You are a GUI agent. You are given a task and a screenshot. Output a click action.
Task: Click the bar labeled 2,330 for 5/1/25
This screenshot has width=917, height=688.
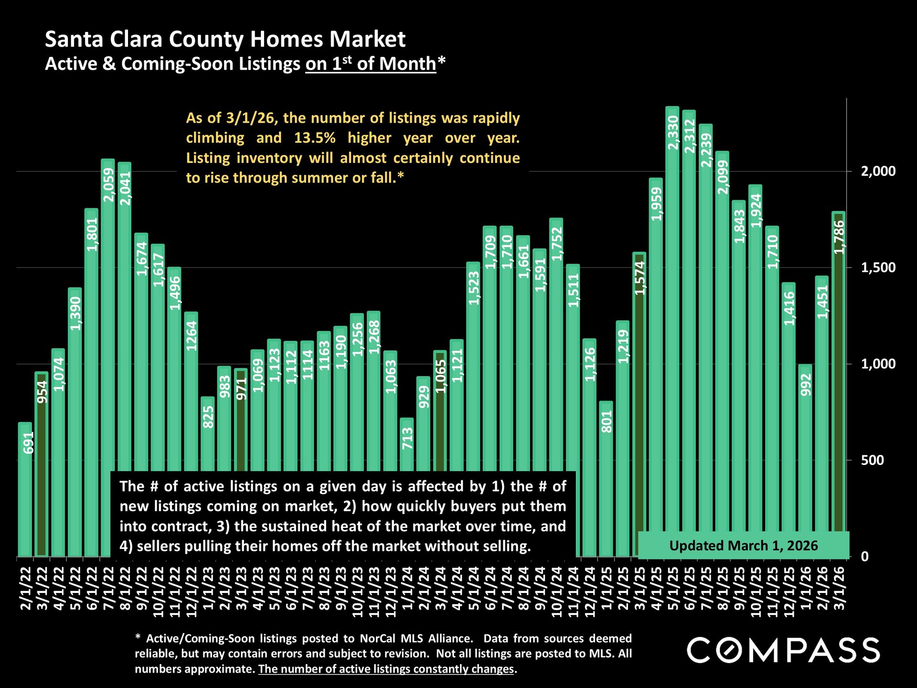(x=672, y=334)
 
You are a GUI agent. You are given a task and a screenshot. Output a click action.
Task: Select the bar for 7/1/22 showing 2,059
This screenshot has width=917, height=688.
(x=108, y=334)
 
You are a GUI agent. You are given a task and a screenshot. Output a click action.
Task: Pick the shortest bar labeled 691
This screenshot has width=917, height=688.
(x=25, y=492)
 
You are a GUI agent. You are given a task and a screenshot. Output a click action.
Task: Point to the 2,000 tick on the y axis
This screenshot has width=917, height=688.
(x=878, y=172)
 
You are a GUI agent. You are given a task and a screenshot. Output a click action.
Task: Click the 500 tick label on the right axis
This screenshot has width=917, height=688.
(x=872, y=461)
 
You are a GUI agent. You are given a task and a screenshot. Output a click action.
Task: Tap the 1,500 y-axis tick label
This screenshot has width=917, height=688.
(x=878, y=268)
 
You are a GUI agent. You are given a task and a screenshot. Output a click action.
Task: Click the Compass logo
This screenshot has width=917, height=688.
(x=783, y=650)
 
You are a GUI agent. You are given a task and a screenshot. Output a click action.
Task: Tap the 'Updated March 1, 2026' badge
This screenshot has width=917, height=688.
(x=743, y=546)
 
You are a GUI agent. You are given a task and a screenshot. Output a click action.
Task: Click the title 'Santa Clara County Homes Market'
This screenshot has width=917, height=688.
(x=225, y=39)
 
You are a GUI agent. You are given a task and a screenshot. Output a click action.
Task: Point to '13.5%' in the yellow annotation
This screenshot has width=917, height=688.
(x=315, y=138)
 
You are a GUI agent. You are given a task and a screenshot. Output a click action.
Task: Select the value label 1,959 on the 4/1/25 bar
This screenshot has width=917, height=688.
(x=656, y=204)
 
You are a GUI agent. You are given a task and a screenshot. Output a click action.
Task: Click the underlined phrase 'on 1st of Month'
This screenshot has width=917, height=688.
(x=371, y=64)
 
